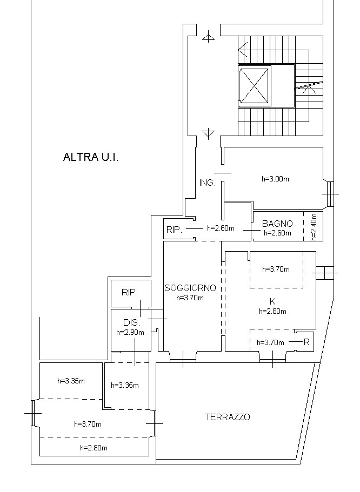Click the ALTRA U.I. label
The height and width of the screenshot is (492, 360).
click(x=91, y=157)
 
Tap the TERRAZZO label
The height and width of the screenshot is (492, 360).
click(x=228, y=417)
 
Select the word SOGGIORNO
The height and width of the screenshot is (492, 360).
click(x=190, y=288)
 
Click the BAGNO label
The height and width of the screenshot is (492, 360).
click(x=277, y=224)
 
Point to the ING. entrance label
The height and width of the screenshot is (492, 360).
click(x=208, y=183)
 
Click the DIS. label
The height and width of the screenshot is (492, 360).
click(x=131, y=322)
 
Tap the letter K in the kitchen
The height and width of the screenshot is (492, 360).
click(x=272, y=302)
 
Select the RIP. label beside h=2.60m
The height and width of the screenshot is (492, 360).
click(x=174, y=230)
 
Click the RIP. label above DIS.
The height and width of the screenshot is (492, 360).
click(x=129, y=293)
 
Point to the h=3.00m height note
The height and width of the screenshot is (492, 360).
click(x=276, y=179)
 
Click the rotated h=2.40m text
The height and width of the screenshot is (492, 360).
click(x=314, y=227)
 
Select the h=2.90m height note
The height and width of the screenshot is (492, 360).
click(x=130, y=333)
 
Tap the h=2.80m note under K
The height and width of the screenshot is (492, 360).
click(x=272, y=311)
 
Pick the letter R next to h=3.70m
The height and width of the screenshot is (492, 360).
click(x=306, y=342)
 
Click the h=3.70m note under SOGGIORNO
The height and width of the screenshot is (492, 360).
click(x=190, y=298)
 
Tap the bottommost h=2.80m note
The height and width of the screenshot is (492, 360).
click(x=94, y=448)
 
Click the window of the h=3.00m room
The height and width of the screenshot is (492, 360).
click(x=330, y=194)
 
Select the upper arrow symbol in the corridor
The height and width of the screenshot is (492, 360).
click(x=208, y=37)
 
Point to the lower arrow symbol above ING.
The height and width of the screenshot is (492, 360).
click(x=208, y=133)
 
